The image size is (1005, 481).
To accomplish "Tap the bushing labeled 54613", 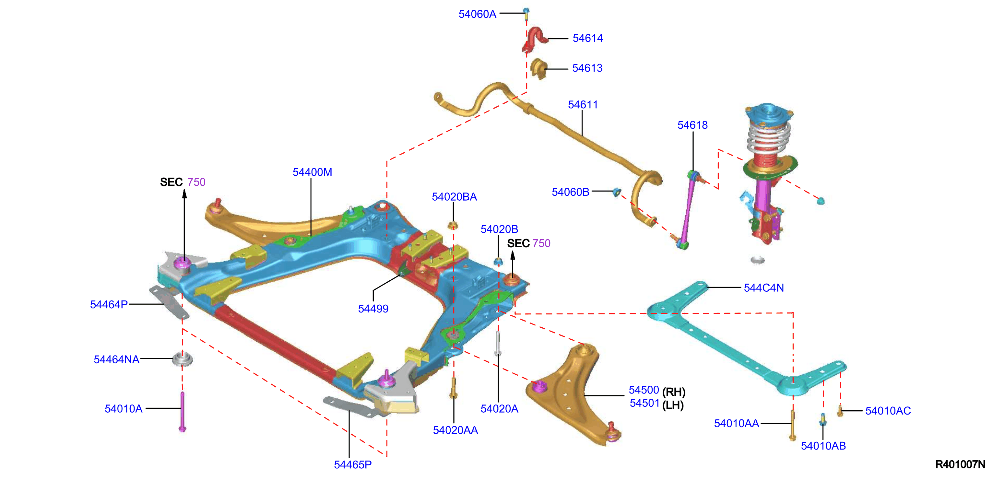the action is point(538,69).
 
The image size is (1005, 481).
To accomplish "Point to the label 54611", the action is point(583,105).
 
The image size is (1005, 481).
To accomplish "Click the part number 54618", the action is point(692,125).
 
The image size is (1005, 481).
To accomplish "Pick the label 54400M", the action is point(312,172).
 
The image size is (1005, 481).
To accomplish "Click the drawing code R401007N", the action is point(960,464).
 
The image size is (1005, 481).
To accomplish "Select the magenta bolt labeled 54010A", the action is point(182,412).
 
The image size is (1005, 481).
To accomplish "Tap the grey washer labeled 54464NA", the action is point(182,359).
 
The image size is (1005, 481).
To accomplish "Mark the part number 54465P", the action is point(353,464).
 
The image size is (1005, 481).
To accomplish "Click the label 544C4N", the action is point(763,288).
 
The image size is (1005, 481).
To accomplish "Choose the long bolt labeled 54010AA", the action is point(792,425).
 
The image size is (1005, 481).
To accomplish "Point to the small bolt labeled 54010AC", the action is point(840,411).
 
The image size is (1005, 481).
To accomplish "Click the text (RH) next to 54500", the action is point(674,392).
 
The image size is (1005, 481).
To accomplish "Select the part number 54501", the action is point(644,403).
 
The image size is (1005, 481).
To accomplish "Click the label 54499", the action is point(373,309).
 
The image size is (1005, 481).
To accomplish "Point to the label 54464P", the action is point(109,305).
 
